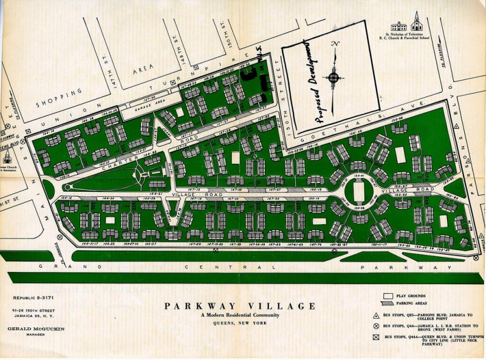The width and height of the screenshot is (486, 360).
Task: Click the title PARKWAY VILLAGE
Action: pyautogui.click(x=239, y=306)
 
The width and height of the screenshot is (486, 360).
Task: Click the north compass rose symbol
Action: pyautogui.click(x=334, y=77)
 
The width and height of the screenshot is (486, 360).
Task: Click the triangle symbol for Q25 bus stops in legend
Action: pyautogui.click(x=377, y=316)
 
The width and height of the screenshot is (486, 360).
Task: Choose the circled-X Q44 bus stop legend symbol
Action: pyautogui.click(x=377, y=330)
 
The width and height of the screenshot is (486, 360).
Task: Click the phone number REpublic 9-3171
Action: pyautogui.click(x=33, y=299)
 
